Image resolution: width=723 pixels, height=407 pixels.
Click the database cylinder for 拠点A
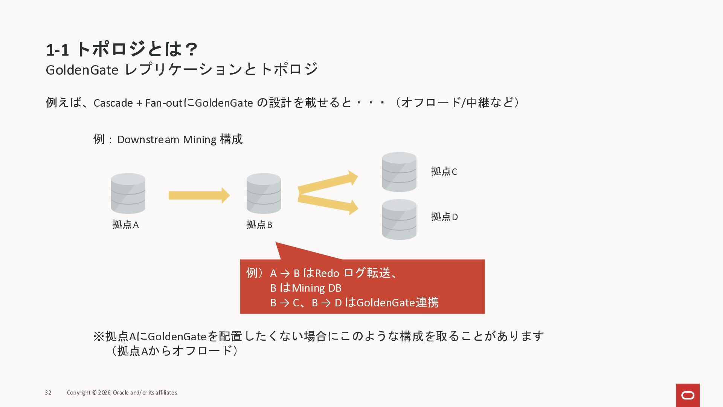click(128, 193)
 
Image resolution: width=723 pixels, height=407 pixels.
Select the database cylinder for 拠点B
click(264, 193)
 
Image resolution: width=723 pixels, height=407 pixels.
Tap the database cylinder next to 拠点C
click(399, 172)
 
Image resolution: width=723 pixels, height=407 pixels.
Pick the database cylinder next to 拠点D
click(399, 219)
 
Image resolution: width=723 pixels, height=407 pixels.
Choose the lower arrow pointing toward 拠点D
click(328, 203)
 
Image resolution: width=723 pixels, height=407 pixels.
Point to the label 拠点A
click(125, 225)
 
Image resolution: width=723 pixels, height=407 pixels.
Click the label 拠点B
click(259, 225)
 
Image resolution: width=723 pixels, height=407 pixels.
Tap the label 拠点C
click(444, 171)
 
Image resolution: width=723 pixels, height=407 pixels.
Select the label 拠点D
click(444, 217)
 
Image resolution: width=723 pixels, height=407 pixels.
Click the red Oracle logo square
click(688, 395)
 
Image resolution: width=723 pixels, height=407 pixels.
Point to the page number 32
click(48, 393)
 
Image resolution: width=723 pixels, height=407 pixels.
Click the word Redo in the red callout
click(327, 273)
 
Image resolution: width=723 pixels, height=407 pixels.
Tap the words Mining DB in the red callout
click(316, 288)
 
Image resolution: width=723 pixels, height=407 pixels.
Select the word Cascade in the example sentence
click(113, 103)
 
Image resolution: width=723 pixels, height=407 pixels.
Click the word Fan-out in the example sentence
click(163, 103)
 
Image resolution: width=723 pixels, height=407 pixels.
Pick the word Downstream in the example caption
click(148, 139)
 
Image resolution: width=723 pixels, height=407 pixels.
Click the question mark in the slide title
click(192, 49)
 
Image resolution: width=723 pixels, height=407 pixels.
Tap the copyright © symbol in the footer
click(94, 393)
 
